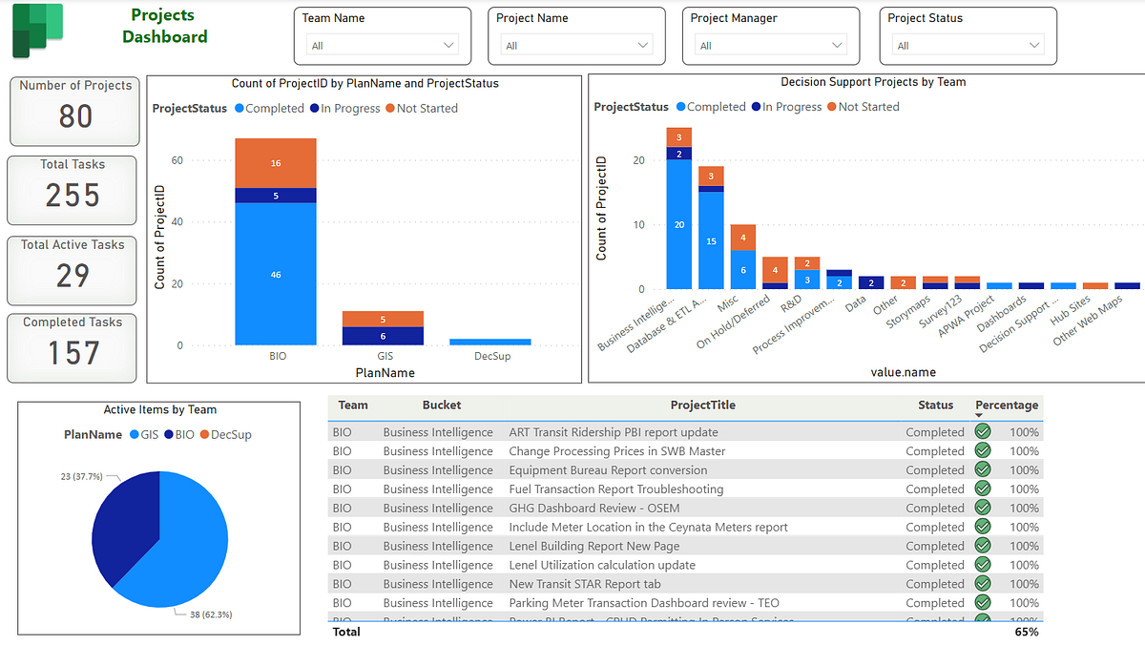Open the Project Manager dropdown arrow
(x=837, y=45)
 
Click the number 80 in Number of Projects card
(x=75, y=116)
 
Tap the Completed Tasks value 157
(x=73, y=353)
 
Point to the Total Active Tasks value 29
(x=73, y=275)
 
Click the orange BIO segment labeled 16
(x=276, y=163)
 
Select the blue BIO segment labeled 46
(x=276, y=274)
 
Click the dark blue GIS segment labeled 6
(x=384, y=336)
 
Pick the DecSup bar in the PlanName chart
(x=490, y=342)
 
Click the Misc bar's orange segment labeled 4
(x=742, y=238)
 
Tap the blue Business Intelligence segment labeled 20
(x=679, y=224)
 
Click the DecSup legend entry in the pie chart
(x=225, y=434)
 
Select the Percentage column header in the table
(x=1006, y=406)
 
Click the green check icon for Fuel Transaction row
(x=983, y=489)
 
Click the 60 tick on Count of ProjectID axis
(x=177, y=161)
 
